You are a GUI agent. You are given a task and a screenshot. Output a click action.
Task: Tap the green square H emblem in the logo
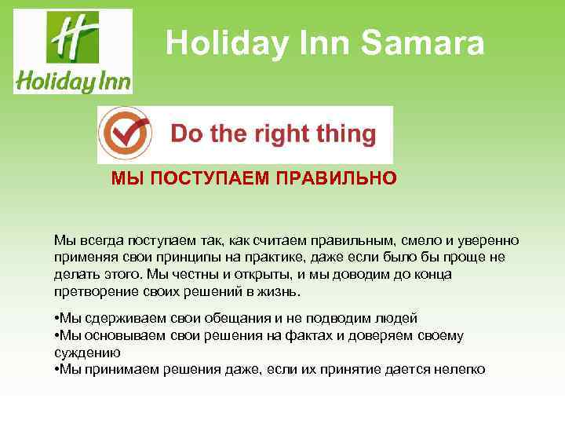[x=72, y=37]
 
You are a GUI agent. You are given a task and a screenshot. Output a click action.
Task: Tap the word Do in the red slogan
[x=187, y=133]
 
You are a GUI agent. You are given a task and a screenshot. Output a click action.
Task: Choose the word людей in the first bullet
[x=398, y=318]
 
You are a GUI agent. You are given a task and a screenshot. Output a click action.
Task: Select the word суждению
[x=83, y=353]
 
